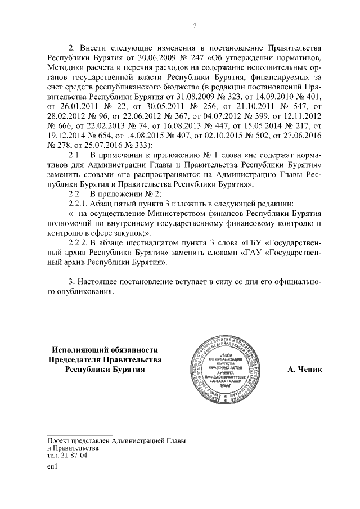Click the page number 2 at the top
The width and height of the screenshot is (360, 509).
tap(195, 25)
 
